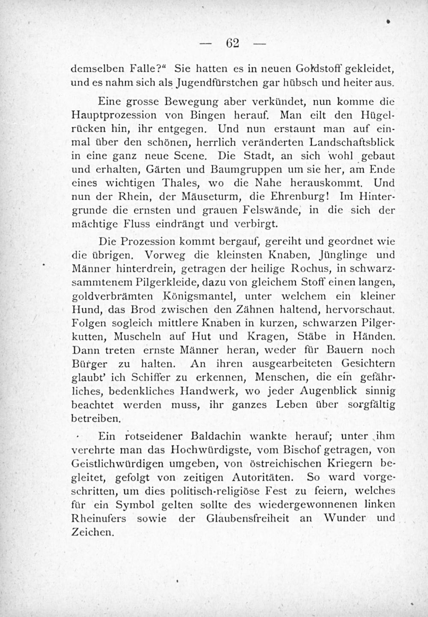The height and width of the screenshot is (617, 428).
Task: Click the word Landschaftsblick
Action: point(352,142)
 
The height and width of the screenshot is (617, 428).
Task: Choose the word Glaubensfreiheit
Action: point(247,518)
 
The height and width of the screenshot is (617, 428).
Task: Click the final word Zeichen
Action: point(92,532)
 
